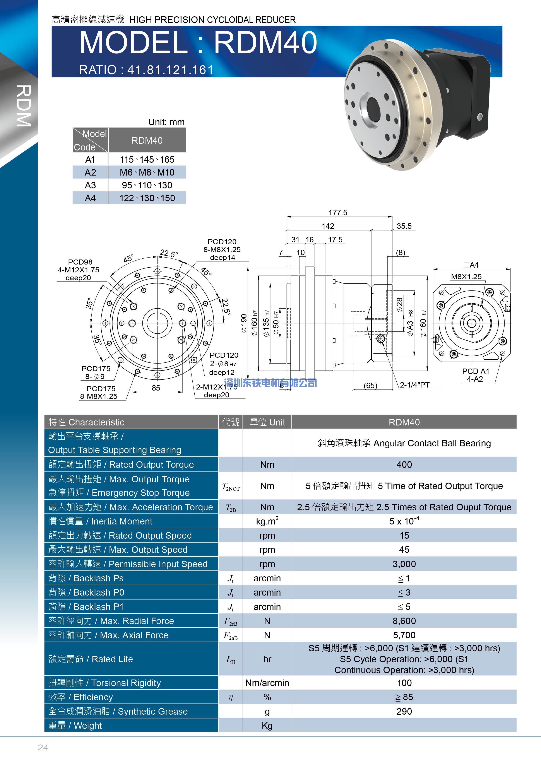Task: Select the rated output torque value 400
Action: point(404,464)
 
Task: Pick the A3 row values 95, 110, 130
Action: point(147,185)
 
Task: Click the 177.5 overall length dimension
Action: point(338,213)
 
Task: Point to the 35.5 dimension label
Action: point(404,226)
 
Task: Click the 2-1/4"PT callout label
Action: point(415,385)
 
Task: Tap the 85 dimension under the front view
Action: point(156,388)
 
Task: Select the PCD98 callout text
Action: point(80,262)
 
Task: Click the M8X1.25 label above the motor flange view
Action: point(466,277)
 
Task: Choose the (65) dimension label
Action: point(370,386)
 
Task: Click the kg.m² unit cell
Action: point(267,521)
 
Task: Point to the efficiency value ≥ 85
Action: point(404,697)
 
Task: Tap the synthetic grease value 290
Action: point(404,711)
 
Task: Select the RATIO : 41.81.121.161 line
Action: point(146,70)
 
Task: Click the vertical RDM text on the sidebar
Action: point(24,106)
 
